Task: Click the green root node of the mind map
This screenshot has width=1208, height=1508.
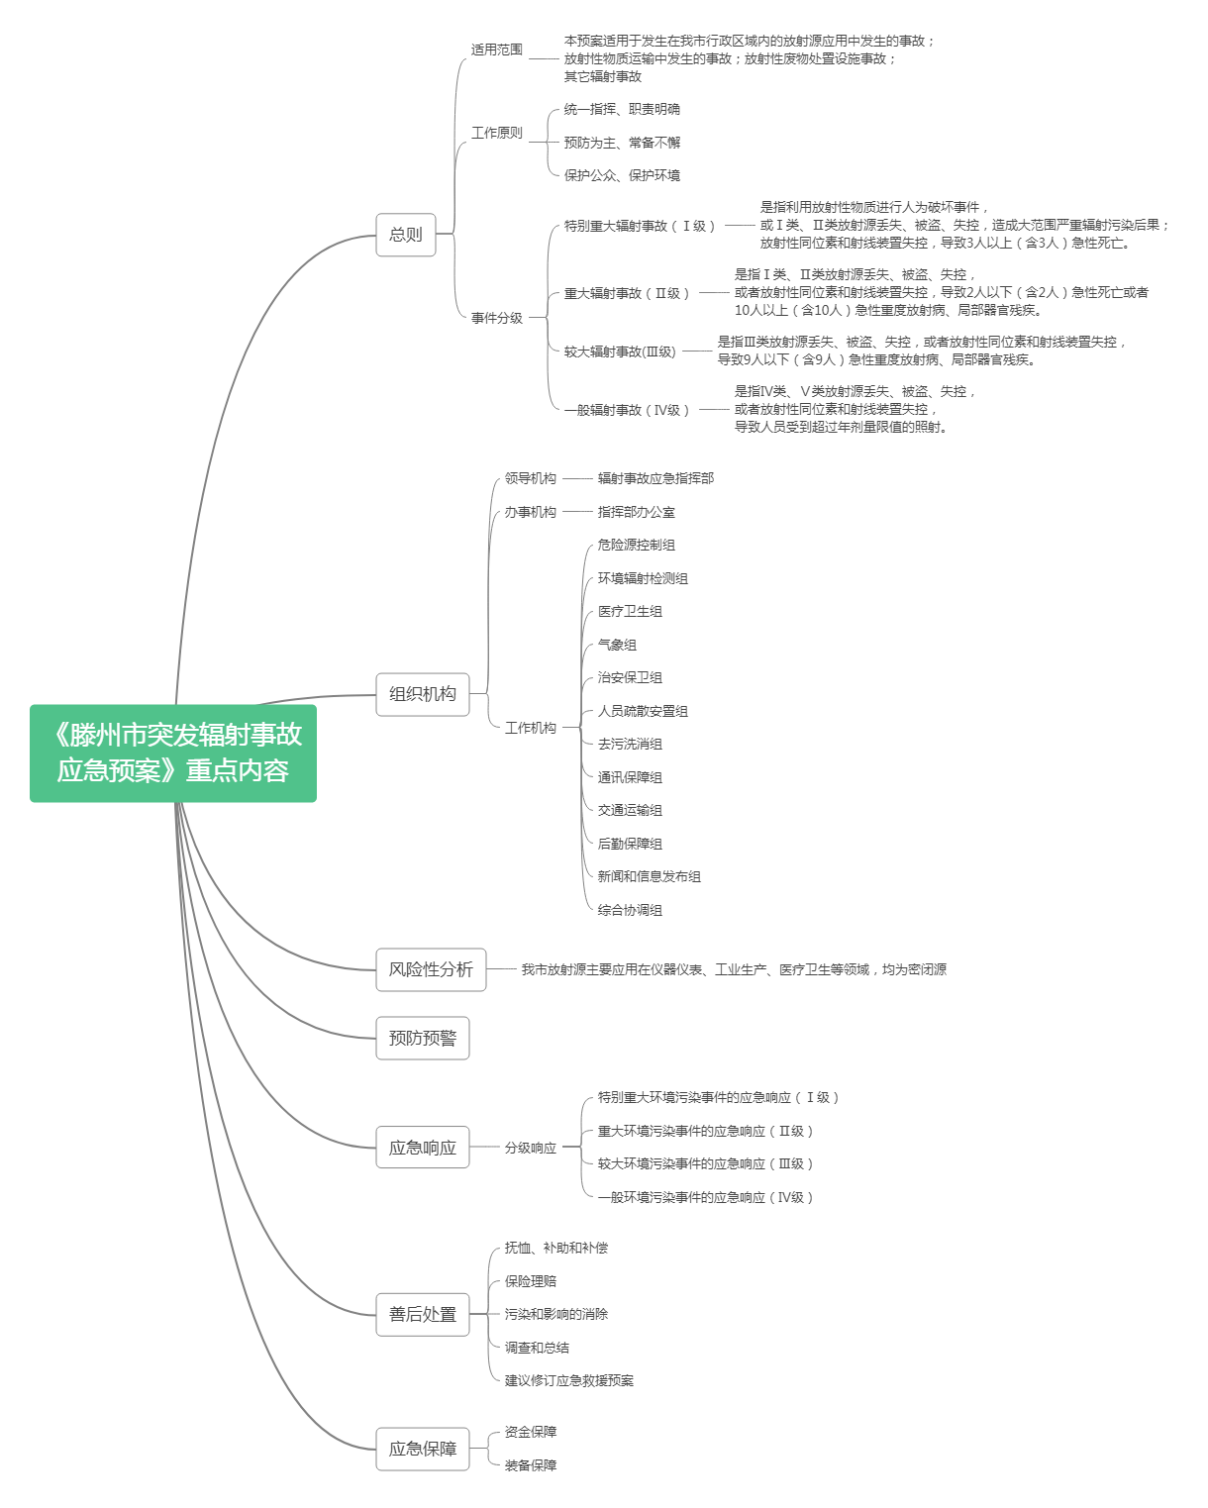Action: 173,753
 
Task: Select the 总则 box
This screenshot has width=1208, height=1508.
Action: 406,234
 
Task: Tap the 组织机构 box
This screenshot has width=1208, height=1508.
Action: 423,694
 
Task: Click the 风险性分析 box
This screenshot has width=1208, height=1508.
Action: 431,969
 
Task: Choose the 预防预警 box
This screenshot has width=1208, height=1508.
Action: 423,1038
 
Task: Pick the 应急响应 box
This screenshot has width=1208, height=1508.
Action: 423,1148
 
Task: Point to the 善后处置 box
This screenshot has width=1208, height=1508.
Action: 423,1314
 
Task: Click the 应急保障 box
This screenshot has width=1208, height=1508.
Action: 423,1449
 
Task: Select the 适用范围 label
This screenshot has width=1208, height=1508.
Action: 497,50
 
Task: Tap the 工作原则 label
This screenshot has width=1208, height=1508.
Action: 497,133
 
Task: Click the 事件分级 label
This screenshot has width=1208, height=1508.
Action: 497,318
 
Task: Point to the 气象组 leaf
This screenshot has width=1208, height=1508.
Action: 617,645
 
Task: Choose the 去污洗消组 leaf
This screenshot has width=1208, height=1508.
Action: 630,745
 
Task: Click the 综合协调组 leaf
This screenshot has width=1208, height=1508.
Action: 630,910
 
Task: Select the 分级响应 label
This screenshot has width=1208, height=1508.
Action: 531,1148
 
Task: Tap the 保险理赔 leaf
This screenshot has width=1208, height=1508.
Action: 531,1281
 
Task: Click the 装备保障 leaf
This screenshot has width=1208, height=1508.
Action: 531,1465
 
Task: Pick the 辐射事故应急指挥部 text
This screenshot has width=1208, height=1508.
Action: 655,478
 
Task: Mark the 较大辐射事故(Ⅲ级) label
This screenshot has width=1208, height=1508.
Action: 620,352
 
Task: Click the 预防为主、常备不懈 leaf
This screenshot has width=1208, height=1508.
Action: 622,143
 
